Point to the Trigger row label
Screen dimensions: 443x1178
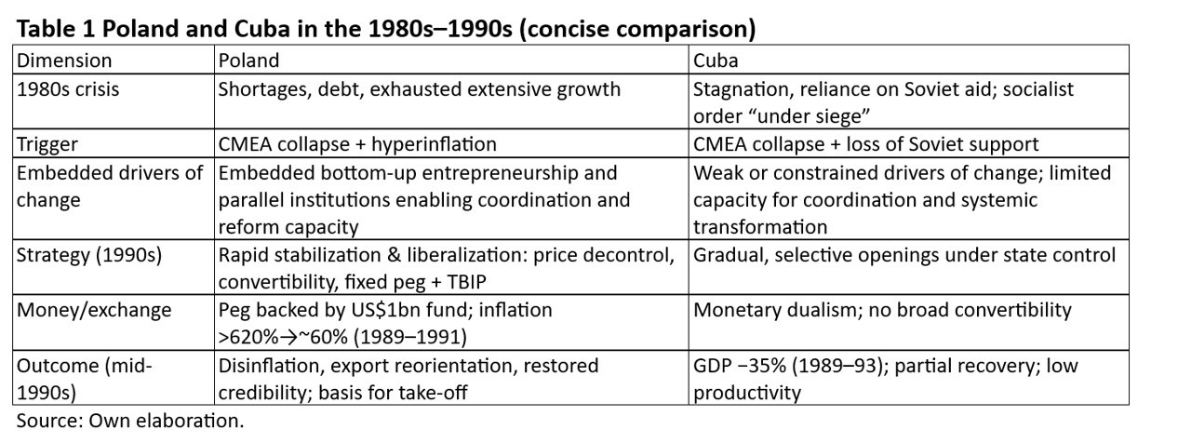point(47,144)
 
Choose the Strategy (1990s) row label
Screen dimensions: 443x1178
point(89,255)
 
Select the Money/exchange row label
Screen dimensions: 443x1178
point(94,310)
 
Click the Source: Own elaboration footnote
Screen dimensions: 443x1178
point(129,421)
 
